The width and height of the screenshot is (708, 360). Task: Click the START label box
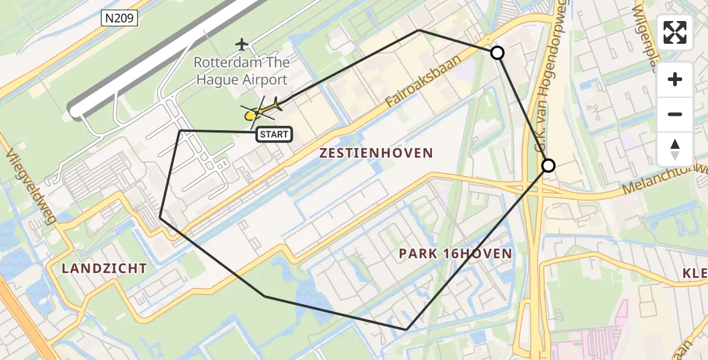[x=275, y=134]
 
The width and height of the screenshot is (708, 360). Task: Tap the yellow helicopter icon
[x=265, y=110]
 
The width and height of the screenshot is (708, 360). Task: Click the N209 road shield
[x=119, y=19]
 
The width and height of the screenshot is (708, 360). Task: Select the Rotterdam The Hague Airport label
[x=241, y=71]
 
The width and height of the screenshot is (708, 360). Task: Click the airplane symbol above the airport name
[x=242, y=44]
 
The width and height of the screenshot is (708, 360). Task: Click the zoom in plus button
[x=675, y=80]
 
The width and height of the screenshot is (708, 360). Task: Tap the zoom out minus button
[x=675, y=115]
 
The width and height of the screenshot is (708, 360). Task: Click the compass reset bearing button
[x=675, y=149]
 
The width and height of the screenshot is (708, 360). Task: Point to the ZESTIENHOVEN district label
[x=376, y=153]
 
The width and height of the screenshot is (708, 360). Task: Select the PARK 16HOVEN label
[x=455, y=254]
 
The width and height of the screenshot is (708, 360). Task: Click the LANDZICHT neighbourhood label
[x=104, y=269]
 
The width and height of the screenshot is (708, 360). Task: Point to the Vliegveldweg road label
[x=31, y=187]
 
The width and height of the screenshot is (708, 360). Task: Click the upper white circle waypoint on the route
[x=497, y=53]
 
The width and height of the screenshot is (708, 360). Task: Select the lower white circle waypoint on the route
[x=548, y=165]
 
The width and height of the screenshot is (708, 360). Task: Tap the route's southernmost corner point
[x=407, y=329]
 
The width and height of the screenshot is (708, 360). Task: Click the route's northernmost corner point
[x=419, y=29]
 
